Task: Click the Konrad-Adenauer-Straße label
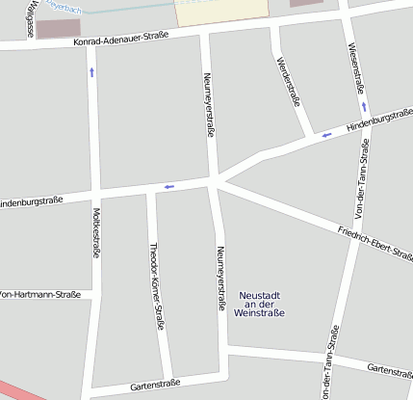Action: click(119, 41)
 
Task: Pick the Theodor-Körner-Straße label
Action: click(156, 285)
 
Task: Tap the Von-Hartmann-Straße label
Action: click(40, 294)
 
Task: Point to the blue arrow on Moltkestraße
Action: click(92, 73)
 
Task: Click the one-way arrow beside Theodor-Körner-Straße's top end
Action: click(168, 186)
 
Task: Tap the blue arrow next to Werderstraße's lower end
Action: click(326, 135)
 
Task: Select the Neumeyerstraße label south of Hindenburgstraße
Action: click(220, 278)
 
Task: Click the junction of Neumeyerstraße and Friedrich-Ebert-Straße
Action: click(217, 179)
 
